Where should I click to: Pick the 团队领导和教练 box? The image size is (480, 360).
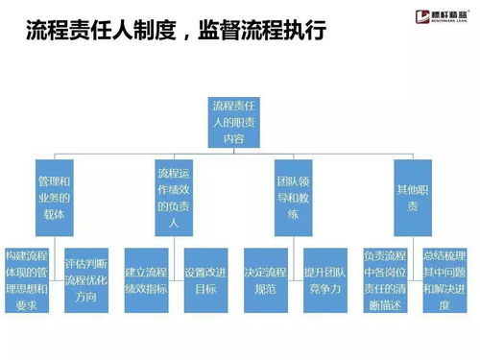297,196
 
